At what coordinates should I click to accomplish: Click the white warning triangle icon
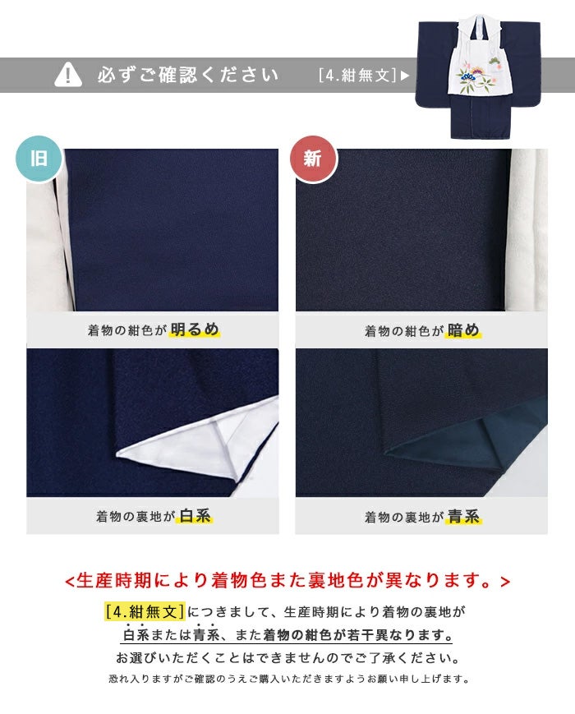68,74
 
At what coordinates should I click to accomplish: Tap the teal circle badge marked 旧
39,159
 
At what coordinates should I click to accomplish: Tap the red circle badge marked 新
313,159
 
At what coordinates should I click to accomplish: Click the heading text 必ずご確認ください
187,75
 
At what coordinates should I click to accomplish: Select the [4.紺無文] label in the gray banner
358,75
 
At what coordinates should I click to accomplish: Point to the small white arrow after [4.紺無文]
405,76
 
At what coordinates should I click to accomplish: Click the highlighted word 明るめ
195,329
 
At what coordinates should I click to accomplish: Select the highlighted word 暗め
463,329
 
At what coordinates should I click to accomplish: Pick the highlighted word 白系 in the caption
195,516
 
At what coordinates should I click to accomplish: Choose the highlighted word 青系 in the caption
464,516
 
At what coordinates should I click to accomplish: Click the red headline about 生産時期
287,580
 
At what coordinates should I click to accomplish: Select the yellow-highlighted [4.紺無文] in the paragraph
145,611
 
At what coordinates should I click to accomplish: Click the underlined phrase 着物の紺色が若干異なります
358,634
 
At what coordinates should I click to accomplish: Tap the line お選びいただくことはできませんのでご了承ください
287,657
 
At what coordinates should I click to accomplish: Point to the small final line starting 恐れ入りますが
288,679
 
